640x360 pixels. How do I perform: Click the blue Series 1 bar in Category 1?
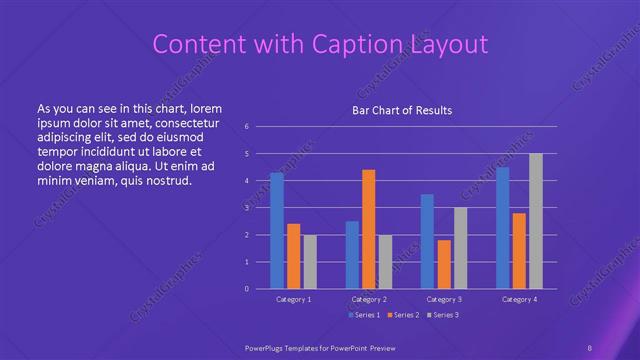(277, 231)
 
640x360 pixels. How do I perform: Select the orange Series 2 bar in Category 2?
(369, 229)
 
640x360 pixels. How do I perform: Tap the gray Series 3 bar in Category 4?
(536, 221)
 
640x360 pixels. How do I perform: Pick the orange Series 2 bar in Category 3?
(444, 264)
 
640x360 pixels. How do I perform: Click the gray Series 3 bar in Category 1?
(310, 262)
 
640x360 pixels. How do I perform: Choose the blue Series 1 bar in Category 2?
(352, 255)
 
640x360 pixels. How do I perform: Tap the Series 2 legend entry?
(403, 316)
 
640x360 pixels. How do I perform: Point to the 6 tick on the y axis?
(247, 127)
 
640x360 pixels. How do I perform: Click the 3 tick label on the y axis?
(247, 208)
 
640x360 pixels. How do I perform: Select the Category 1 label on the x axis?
(294, 299)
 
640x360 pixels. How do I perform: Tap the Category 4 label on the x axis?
(519, 299)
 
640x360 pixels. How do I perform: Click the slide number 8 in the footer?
(590, 347)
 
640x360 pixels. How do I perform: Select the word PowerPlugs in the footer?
(270, 347)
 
